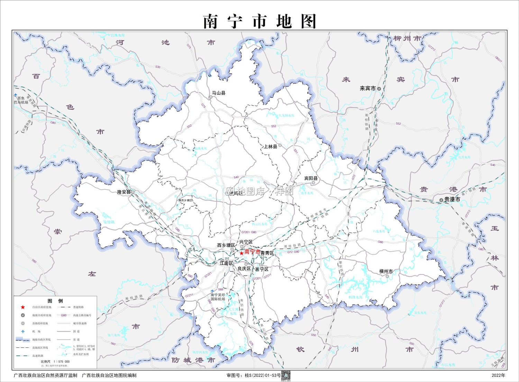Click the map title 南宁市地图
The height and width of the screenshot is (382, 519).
point(259,21)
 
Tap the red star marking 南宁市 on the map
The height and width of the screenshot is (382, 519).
point(242,253)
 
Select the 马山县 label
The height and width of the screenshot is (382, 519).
point(219,93)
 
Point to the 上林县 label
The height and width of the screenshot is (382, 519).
point(271,147)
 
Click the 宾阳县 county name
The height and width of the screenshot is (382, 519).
point(311,178)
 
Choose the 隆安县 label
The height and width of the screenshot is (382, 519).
point(124,192)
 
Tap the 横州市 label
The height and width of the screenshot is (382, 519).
point(386,271)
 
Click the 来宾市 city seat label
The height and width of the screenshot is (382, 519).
point(368,88)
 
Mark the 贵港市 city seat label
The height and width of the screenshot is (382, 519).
point(452,199)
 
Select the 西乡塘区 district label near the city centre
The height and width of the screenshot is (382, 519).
point(226,245)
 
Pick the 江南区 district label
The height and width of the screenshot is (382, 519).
point(226,263)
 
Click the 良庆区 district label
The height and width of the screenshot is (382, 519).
point(244,269)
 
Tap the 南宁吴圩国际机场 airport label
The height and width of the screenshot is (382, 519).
point(218,297)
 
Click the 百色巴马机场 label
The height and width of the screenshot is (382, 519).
point(21,100)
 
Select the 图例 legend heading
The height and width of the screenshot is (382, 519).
point(55,301)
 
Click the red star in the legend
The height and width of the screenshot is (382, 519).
point(23,307)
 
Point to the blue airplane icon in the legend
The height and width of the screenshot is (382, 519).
point(23,331)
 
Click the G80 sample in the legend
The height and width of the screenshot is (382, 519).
point(64,315)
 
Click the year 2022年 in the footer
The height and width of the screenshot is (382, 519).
point(498,375)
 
